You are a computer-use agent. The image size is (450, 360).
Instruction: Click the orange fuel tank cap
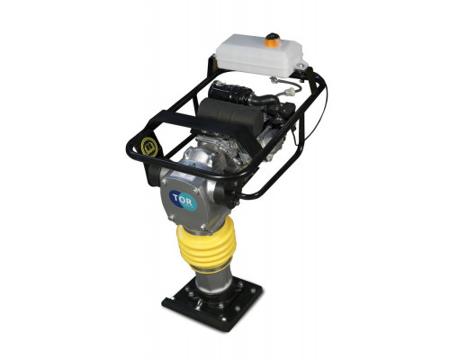tap(273, 40)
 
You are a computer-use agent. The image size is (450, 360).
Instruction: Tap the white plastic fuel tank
tap(260, 57)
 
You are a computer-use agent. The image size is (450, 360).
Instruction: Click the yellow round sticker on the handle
tap(149, 147)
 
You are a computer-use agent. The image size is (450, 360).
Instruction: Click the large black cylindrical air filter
tap(227, 115)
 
